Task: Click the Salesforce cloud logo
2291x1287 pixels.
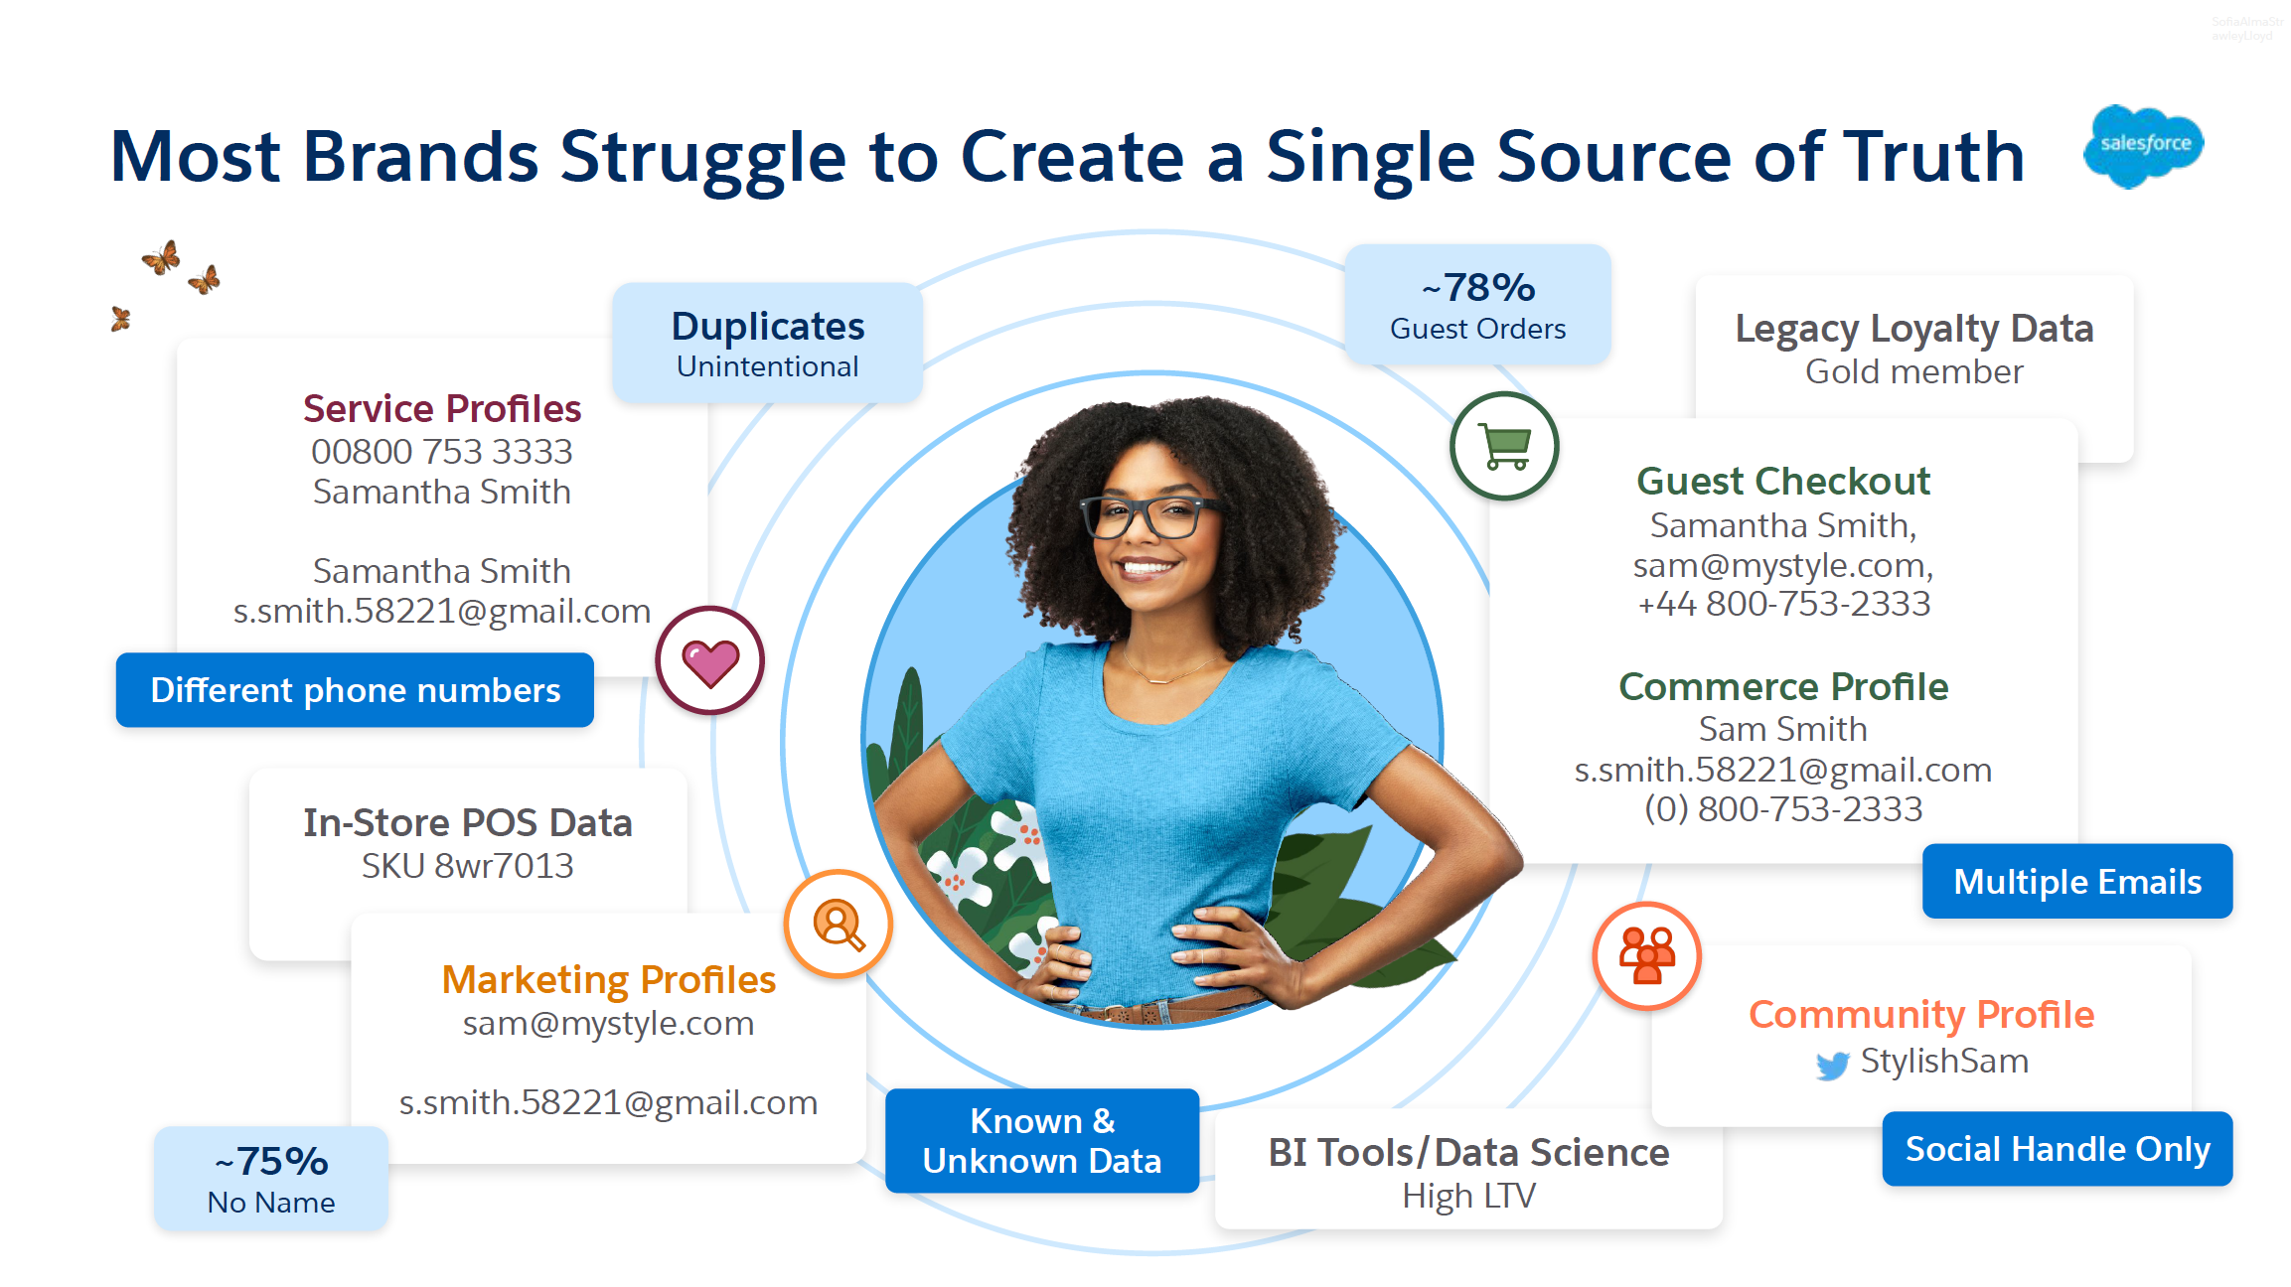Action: (x=2144, y=146)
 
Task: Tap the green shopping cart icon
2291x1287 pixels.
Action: (x=1504, y=446)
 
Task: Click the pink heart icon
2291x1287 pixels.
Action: (x=710, y=660)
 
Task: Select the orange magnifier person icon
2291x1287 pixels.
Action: (x=839, y=925)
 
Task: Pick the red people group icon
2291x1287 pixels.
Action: (x=1647, y=955)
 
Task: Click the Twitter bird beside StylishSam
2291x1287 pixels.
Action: (x=1833, y=1065)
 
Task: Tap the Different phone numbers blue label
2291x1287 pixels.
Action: (x=355, y=690)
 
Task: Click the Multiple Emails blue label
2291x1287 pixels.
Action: (x=2077, y=882)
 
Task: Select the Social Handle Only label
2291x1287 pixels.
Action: (x=2058, y=1149)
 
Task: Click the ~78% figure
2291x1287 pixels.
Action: (x=1478, y=288)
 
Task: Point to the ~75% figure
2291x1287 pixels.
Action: (x=271, y=1162)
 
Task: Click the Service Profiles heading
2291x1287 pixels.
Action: (x=442, y=408)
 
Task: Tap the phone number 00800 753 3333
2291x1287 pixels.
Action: (x=442, y=452)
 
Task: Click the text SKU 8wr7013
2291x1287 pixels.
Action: (x=468, y=866)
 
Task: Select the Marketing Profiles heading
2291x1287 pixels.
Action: (x=609, y=980)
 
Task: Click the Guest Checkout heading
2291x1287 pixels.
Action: (x=1783, y=482)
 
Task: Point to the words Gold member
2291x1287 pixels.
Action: (x=1914, y=371)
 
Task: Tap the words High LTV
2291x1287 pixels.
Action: (x=1469, y=1196)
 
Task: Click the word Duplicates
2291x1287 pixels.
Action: (x=768, y=327)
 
